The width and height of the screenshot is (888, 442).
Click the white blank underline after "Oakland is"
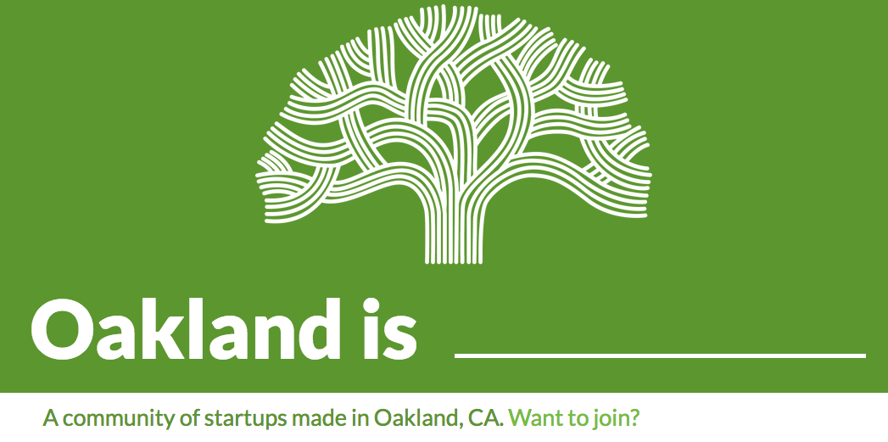(660, 355)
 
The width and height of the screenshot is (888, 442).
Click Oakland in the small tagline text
(418, 418)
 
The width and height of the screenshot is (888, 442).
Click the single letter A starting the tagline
(51, 419)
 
